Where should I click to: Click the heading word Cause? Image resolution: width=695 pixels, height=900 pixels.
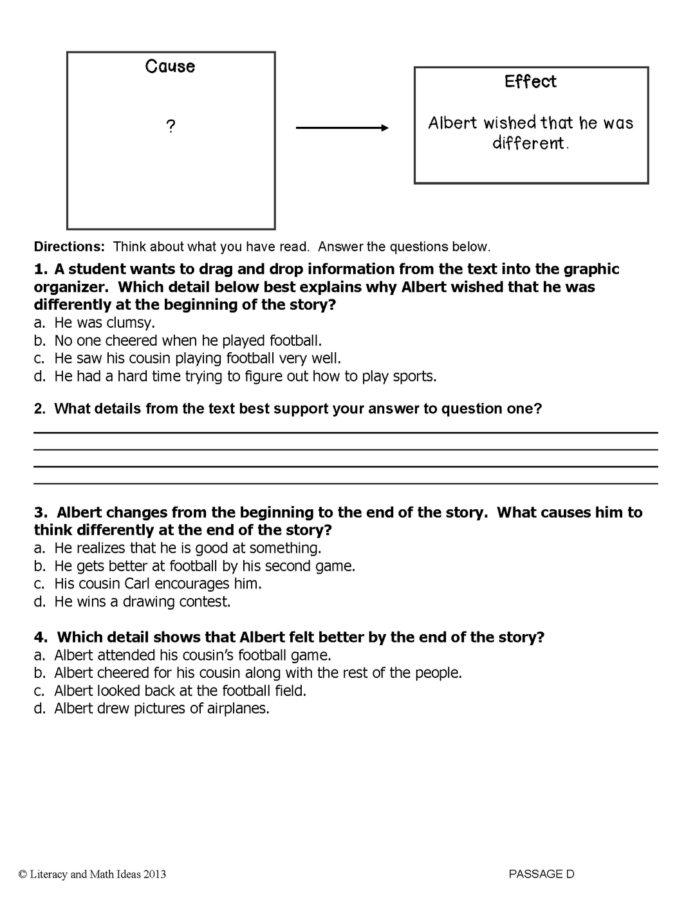[x=170, y=66]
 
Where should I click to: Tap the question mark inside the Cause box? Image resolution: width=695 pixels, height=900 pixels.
[x=171, y=127]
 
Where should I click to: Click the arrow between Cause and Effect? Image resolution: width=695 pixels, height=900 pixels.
[x=342, y=128]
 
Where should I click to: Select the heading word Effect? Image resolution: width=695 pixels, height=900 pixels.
[x=530, y=82]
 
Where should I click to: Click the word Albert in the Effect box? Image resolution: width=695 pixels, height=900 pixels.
[x=453, y=123]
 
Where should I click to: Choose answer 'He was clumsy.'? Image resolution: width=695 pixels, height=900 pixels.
[x=104, y=323]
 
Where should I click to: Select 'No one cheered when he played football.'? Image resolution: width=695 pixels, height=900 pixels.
[x=187, y=341]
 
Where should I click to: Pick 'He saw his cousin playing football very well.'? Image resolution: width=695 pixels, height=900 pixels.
[x=197, y=358]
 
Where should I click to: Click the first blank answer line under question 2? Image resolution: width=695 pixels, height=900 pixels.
[x=346, y=432]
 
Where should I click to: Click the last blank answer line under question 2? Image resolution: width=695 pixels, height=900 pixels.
[x=346, y=483]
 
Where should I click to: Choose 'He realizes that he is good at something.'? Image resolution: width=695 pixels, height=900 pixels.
[x=187, y=548]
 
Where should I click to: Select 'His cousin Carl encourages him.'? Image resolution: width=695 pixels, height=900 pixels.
[x=158, y=584]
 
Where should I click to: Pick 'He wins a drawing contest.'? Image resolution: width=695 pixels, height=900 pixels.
[x=142, y=602]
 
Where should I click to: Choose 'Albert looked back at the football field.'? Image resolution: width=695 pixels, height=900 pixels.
[x=180, y=691]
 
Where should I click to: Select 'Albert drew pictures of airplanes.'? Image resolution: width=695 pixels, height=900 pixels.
[x=162, y=709]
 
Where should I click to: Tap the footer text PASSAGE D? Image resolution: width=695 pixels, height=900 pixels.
[x=541, y=874]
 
